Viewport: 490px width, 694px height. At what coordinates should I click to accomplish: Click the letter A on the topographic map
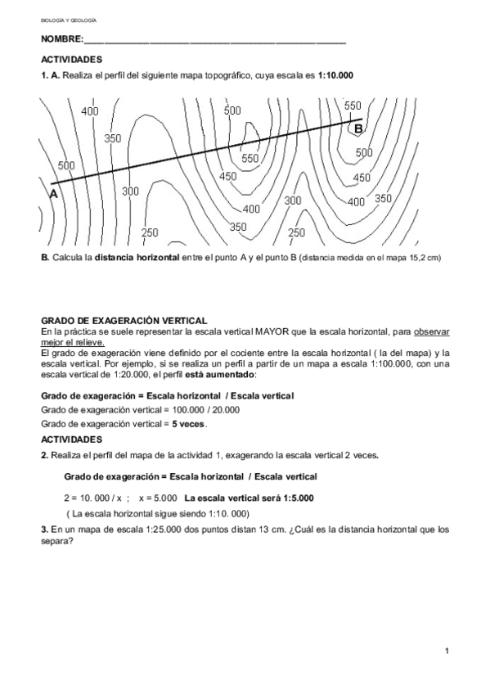[x=53, y=194]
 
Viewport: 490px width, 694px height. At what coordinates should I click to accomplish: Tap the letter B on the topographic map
[x=358, y=128]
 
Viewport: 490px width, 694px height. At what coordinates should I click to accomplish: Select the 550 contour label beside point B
[x=353, y=106]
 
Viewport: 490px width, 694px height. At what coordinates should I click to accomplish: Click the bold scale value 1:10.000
[x=335, y=75]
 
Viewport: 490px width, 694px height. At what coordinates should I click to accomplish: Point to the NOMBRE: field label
[x=61, y=39]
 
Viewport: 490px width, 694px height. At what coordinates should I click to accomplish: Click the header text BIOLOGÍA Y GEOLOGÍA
[x=69, y=18]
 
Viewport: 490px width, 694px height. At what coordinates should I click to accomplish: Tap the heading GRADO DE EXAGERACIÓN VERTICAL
[x=124, y=320]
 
